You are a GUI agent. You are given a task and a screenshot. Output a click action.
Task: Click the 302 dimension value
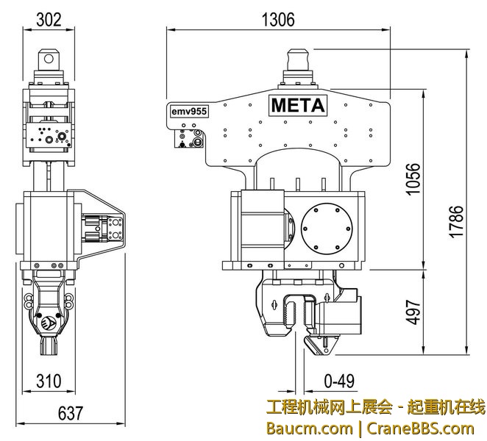pos(49,21)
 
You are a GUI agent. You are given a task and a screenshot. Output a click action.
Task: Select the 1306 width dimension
pos(277,21)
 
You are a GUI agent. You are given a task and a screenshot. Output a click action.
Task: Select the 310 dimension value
pos(49,381)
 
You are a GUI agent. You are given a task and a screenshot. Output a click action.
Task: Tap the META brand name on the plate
pos(298,106)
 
